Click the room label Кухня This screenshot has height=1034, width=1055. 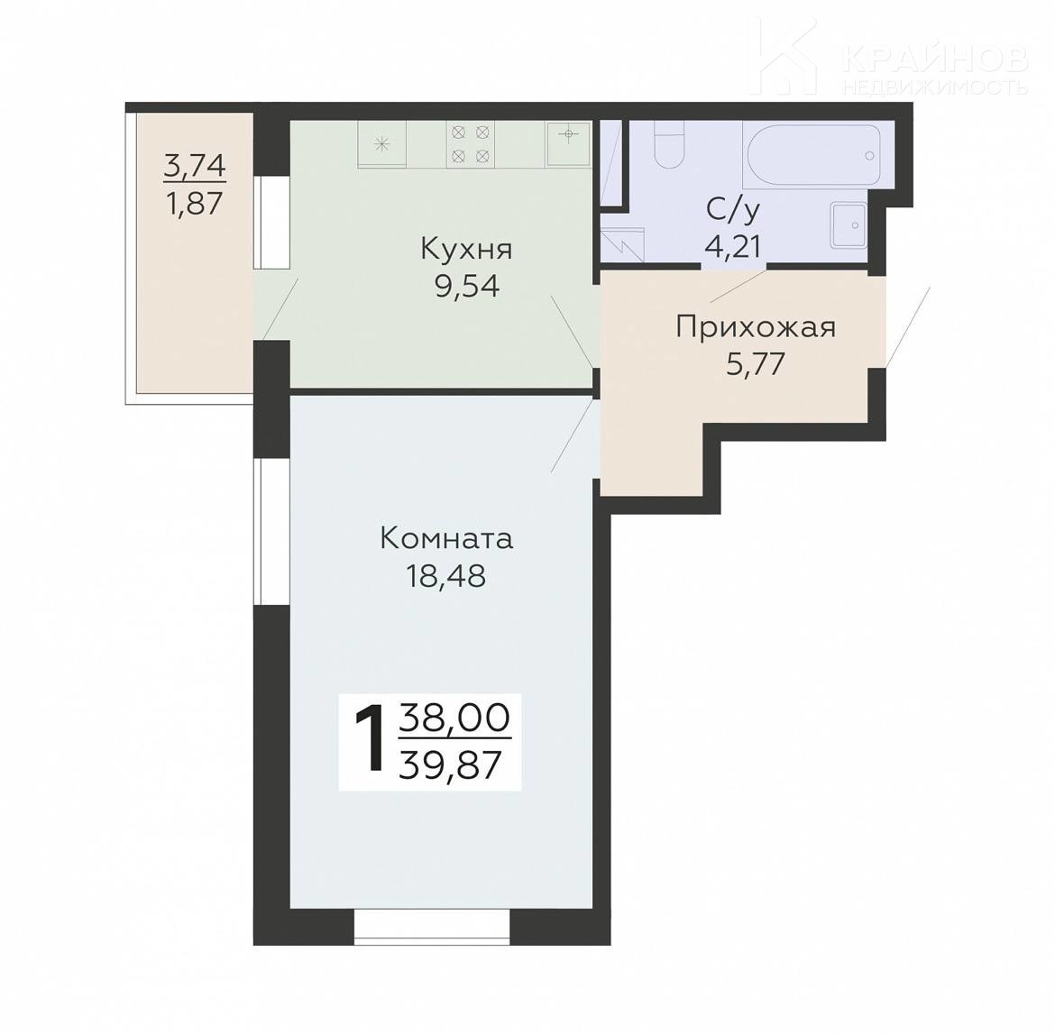pos(466,250)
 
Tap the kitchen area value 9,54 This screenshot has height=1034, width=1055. pos(467,287)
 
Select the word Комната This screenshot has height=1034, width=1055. pos(446,539)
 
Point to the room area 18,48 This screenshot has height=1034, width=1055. pos(445,576)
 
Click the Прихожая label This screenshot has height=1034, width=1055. pos(756,327)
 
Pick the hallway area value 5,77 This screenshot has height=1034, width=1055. pos(756,364)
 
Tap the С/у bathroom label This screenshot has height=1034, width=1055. pos(733,210)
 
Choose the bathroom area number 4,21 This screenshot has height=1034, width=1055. pos(733,246)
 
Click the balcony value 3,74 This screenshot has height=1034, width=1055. pos(195,166)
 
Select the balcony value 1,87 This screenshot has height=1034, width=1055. pos(195,202)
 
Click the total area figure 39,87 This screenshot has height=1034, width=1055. pos(450,764)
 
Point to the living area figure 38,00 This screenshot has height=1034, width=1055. pos(454,718)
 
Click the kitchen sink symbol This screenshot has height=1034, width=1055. pos(569,143)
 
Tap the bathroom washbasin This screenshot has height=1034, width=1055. pos(849,224)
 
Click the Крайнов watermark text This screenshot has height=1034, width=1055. pos(934,59)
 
